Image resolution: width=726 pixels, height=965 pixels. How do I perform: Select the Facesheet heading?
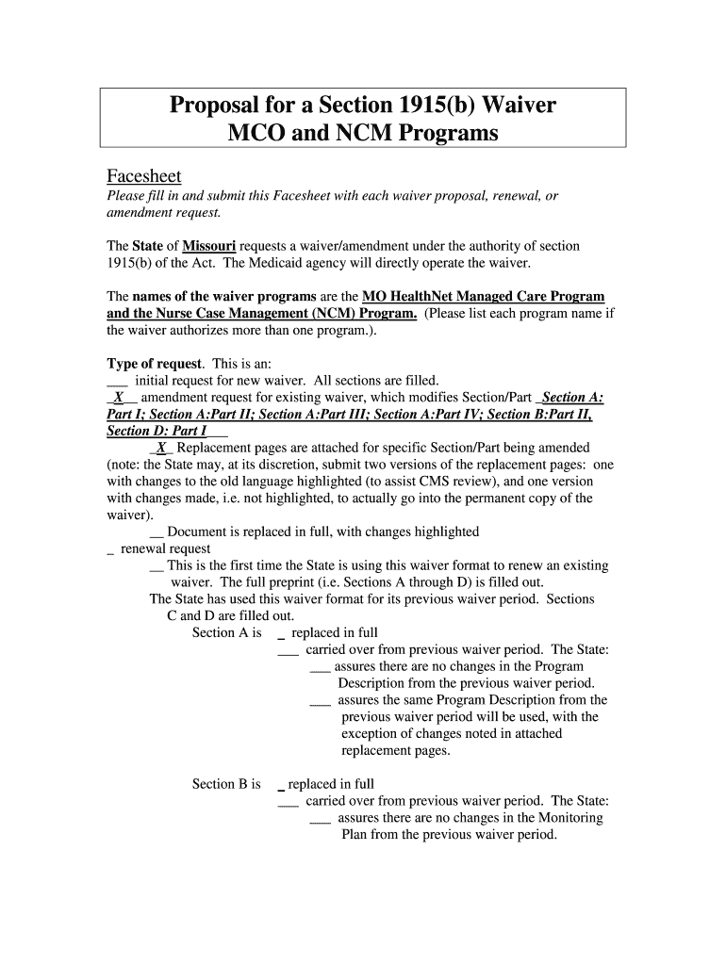click(x=143, y=176)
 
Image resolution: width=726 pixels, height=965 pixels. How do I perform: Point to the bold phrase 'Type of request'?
click(x=155, y=364)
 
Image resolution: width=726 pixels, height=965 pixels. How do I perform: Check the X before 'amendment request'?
click(x=119, y=398)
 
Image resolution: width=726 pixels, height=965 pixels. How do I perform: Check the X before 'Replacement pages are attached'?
click(x=162, y=448)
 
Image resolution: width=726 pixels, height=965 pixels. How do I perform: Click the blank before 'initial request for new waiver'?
click(x=118, y=381)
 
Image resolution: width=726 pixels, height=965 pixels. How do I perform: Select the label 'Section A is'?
click(x=226, y=632)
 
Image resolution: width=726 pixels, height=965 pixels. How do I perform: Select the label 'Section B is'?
click(x=226, y=783)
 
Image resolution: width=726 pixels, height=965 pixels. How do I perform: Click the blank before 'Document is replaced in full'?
click(x=157, y=532)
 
